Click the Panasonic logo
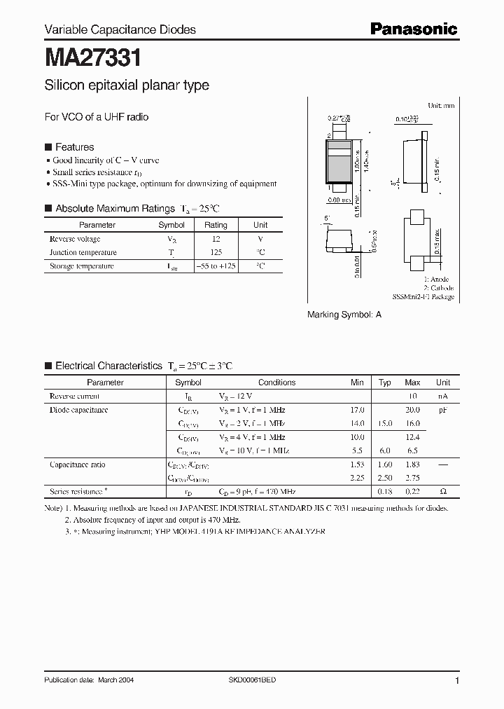click(x=413, y=29)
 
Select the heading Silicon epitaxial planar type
click(x=127, y=85)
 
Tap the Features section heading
click(x=74, y=147)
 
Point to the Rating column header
click(x=216, y=225)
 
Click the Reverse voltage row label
click(x=75, y=239)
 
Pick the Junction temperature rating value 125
click(x=216, y=252)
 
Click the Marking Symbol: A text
click(x=344, y=315)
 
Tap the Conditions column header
click(x=277, y=383)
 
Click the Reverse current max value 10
click(x=412, y=396)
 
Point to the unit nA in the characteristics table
click(x=443, y=396)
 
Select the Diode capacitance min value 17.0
click(x=357, y=410)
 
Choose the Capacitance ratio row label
click(x=78, y=464)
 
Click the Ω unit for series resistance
click(x=443, y=492)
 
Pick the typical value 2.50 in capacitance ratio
click(x=385, y=479)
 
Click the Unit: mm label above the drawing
click(x=441, y=105)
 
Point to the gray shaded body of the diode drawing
click(x=339, y=168)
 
